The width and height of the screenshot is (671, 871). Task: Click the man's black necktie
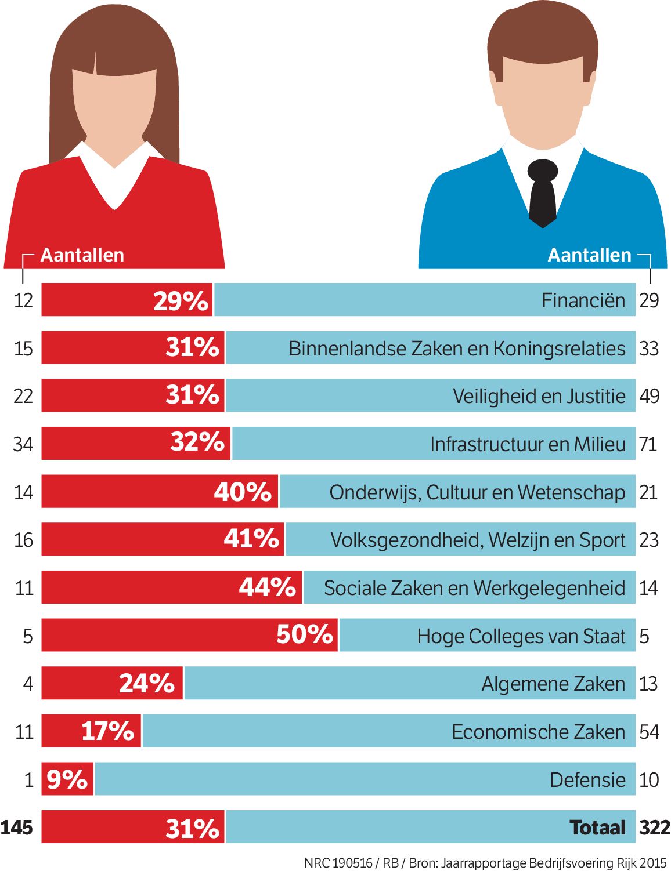[543, 194]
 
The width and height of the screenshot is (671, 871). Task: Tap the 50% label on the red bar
[304, 634]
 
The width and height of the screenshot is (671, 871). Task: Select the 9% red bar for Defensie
[67, 779]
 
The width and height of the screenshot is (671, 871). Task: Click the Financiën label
[583, 300]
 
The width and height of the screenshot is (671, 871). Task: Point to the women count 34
[23, 444]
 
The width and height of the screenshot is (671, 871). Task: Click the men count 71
[648, 444]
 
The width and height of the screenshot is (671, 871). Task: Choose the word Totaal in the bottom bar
[597, 828]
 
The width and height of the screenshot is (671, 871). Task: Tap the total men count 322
[655, 828]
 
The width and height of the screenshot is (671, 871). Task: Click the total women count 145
[17, 828]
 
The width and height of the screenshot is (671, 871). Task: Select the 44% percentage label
[268, 587]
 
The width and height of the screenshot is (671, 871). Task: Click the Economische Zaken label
[538, 732]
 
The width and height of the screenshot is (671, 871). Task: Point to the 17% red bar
[91, 731]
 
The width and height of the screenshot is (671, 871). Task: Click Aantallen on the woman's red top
[82, 255]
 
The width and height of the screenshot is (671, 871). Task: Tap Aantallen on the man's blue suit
[589, 255]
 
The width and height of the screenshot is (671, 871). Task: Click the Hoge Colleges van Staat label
[521, 636]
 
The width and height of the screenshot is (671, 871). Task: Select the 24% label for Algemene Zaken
[147, 683]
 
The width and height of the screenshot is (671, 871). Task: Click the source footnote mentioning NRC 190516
[485, 863]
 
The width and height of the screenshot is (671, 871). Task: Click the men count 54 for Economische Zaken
[649, 732]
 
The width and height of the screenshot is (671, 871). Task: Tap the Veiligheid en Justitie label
[539, 396]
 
